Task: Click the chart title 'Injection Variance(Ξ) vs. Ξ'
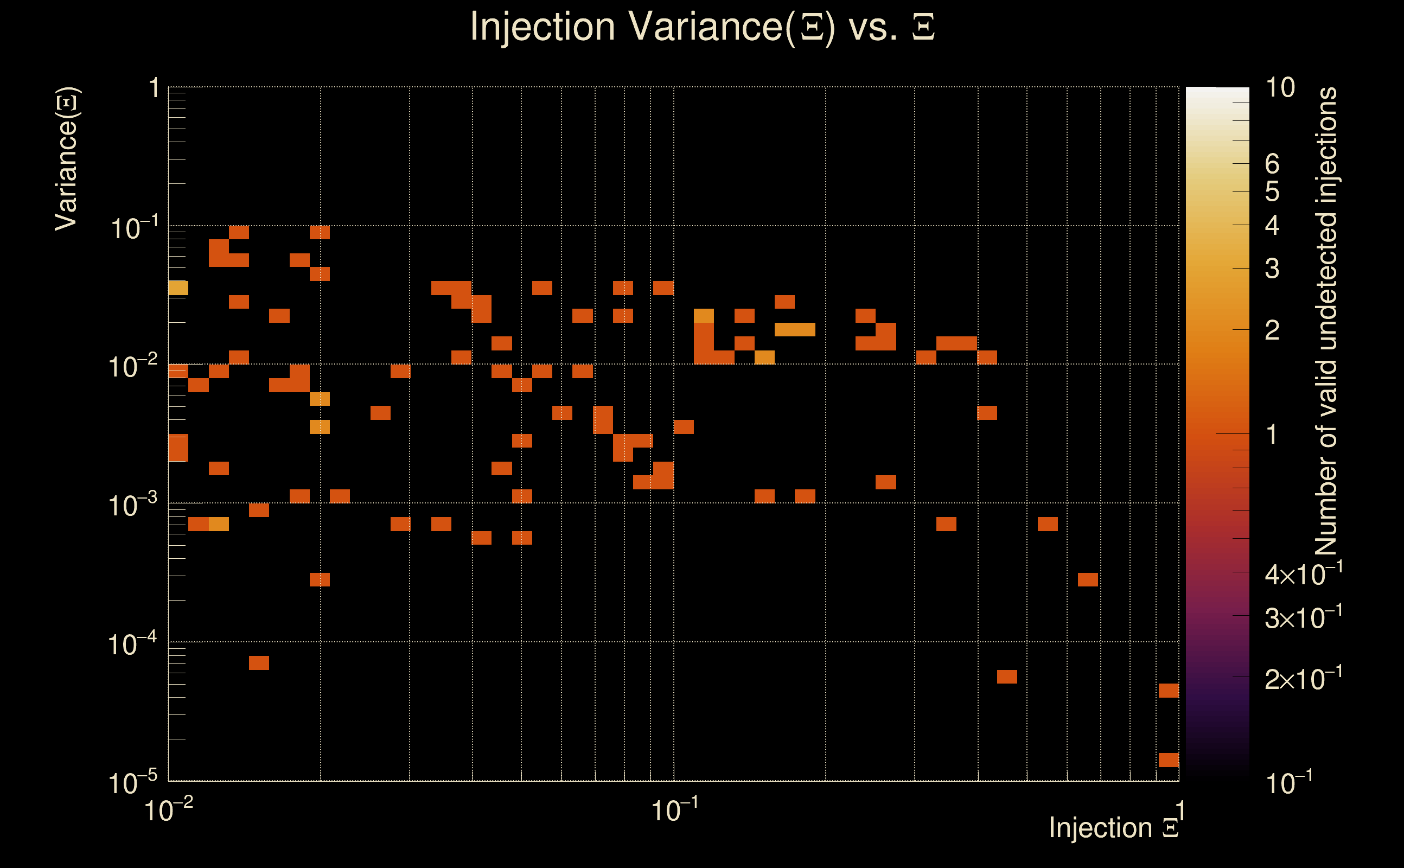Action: tap(702, 27)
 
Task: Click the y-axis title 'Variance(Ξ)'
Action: tap(67, 158)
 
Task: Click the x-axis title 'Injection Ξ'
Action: tap(1114, 828)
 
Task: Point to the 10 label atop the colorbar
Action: tap(1279, 88)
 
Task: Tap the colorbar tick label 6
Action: tap(1272, 164)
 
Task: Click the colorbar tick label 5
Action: tap(1272, 192)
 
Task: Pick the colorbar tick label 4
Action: tap(1272, 226)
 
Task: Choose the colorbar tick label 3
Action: tap(1272, 269)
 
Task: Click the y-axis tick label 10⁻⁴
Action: tap(132, 644)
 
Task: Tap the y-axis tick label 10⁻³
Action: tap(132, 505)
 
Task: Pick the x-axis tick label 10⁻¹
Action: tap(674, 810)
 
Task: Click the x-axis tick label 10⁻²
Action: tap(168, 810)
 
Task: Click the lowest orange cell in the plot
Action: tap(1169, 760)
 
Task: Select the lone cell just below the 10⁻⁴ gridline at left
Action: tap(259, 663)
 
